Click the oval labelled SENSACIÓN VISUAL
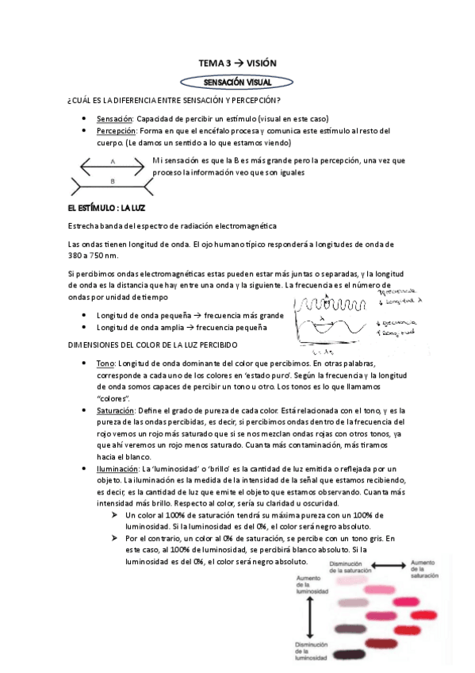237,81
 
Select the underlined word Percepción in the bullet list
116,130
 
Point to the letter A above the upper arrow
113,161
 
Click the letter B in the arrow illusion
113,181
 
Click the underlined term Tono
105,363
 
